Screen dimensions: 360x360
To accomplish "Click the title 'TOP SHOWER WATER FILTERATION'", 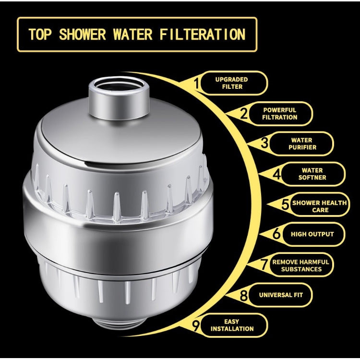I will click(x=137, y=35).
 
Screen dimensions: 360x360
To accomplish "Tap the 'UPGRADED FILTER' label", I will click(x=232, y=83).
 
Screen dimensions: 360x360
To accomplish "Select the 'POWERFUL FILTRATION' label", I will click(x=279, y=114).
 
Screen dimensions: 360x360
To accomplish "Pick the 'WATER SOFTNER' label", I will click(x=312, y=174).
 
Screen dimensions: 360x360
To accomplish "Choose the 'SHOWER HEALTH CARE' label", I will click(x=319, y=206).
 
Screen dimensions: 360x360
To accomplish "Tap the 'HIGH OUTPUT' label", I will click(x=312, y=234).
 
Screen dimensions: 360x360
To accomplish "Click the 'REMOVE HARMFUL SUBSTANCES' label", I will click(x=301, y=265).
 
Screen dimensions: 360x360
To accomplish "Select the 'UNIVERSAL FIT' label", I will click(x=281, y=295).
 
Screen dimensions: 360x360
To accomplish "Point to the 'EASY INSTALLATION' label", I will click(x=232, y=325).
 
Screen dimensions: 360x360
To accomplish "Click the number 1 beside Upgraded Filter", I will click(x=196, y=84).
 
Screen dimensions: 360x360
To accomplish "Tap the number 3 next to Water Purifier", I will click(x=264, y=143).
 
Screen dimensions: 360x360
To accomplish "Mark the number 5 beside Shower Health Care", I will click(x=285, y=205).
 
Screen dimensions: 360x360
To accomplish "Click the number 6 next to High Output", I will click(x=276, y=235).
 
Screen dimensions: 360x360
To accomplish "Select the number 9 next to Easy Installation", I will click(x=196, y=326).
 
